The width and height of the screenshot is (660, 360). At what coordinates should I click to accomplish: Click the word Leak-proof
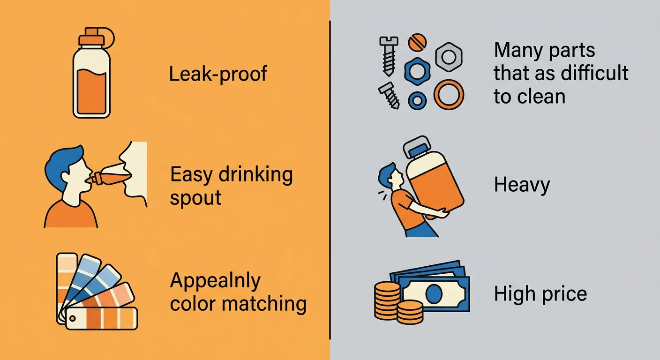pyautogui.click(x=218, y=74)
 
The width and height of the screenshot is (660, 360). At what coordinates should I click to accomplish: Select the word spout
pyautogui.click(x=195, y=198)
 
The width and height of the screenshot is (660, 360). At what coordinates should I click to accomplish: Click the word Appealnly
pyautogui.click(x=215, y=281)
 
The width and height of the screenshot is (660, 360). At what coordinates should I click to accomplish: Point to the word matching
pyautogui.click(x=264, y=304)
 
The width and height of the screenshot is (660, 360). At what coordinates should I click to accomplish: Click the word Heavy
pyautogui.click(x=522, y=185)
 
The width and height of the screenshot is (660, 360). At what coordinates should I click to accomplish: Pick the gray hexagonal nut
pyautogui.click(x=449, y=57)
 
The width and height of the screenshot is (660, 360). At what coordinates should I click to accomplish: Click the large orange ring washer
pyautogui.click(x=449, y=95)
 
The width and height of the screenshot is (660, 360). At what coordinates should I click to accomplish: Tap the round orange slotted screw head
pyautogui.click(x=417, y=43)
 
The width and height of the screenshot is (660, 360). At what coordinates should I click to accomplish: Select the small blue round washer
pyautogui.click(x=417, y=100)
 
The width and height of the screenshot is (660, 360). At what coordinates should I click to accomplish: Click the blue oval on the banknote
pyautogui.click(x=434, y=293)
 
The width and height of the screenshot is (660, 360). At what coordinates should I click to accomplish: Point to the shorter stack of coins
pyautogui.click(x=410, y=312)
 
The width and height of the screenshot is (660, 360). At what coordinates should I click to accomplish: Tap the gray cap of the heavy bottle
pyautogui.click(x=417, y=146)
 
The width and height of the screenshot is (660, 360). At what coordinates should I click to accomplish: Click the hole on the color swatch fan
pyautogui.click(x=72, y=318)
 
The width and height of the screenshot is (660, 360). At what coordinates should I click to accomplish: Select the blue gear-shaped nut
pyautogui.click(x=417, y=72)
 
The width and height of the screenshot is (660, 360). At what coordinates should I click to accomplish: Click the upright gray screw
pyautogui.click(x=389, y=56)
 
